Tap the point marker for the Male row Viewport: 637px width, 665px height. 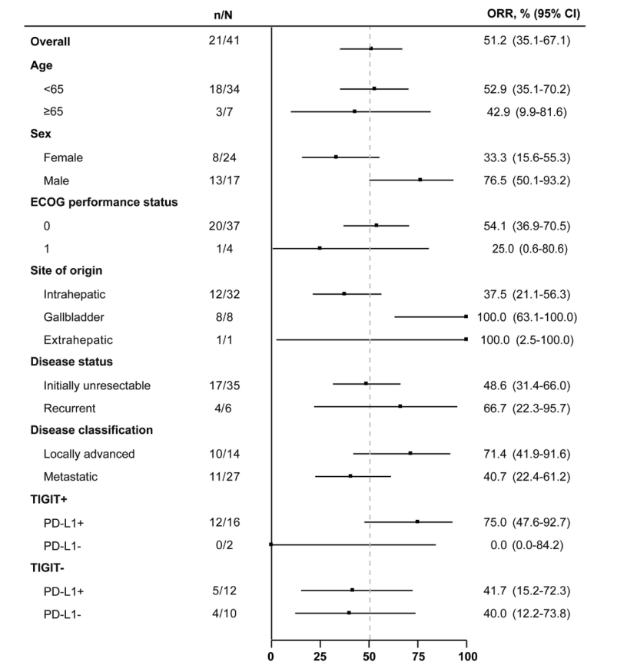tap(420, 180)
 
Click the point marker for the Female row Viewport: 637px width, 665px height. tap(336, 157)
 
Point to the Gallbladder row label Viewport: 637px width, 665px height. tap(72, 316)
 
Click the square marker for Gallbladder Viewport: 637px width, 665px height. tap(466, 316)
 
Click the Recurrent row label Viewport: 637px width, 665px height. tap(68, 408)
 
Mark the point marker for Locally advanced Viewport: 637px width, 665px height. tap(410, 453)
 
